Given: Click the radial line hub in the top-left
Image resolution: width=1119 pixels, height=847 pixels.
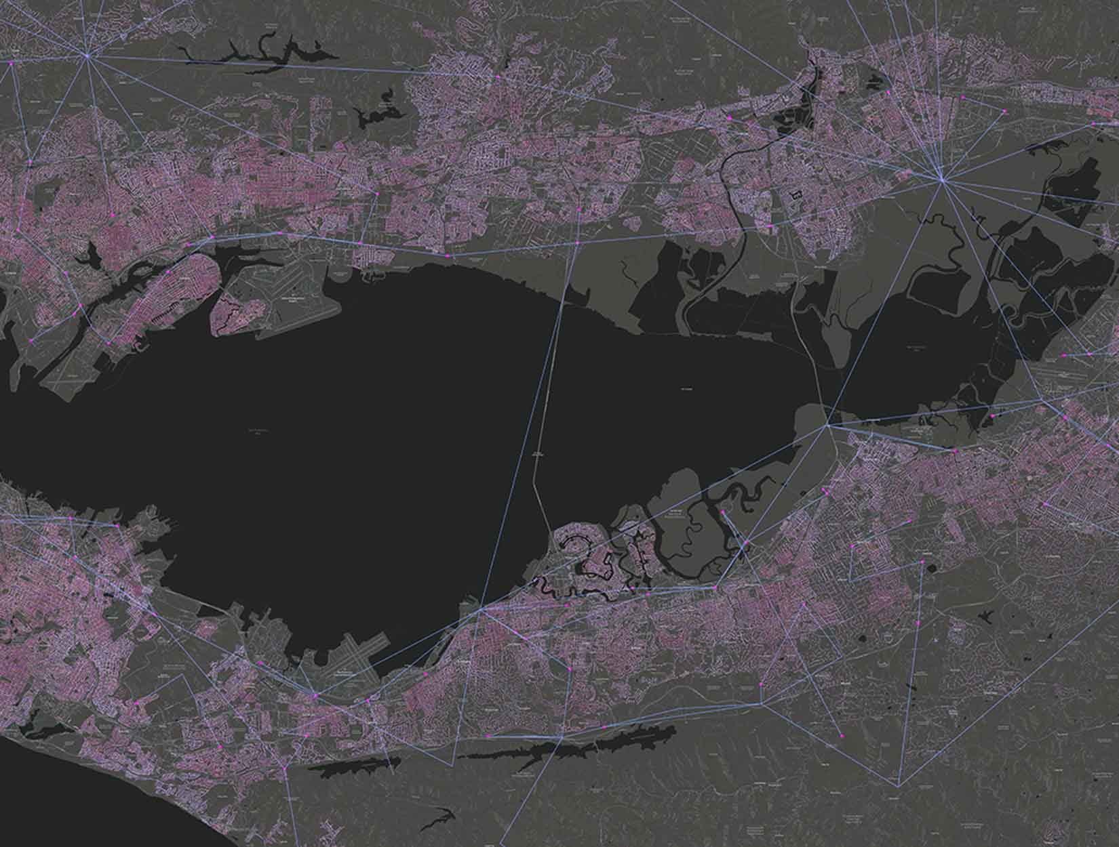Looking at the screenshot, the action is (87, 56).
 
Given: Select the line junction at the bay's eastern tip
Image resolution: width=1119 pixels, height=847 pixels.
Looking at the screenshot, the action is (827, 426).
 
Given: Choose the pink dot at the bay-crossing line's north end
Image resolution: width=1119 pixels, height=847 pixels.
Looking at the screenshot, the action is (577, 242).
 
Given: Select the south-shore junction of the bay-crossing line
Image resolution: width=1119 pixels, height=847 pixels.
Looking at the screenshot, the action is (480, 611).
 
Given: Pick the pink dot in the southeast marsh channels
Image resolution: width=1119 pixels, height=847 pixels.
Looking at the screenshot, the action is (723, 512).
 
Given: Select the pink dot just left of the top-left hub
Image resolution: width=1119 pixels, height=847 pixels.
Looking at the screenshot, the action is (11, 63).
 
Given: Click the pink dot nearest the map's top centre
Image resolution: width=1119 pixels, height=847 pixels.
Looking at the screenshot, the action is (497, 78).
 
